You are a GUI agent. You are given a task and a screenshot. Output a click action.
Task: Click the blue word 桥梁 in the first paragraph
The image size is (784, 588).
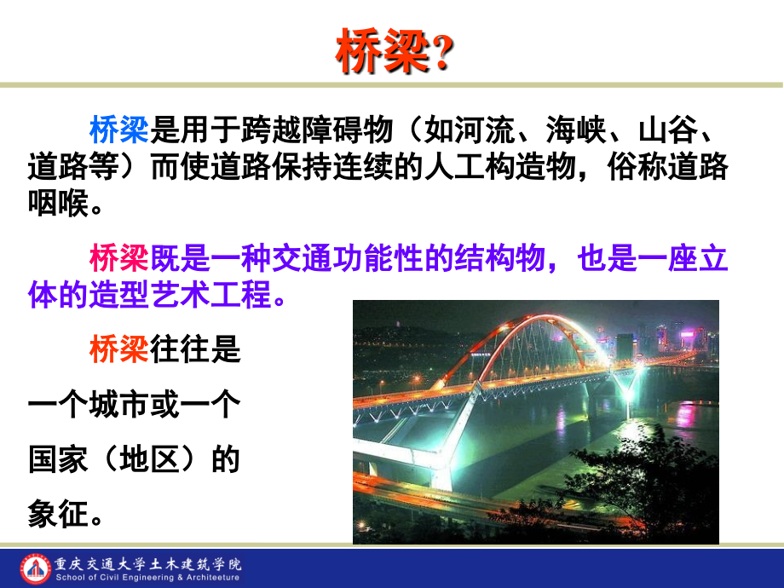click(x=118, y=130)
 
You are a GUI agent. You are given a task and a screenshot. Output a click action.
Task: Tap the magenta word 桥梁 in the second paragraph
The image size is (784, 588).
click(x=118, y=258)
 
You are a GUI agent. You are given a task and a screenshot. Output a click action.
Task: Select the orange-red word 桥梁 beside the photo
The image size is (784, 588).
click(x=118, y=349)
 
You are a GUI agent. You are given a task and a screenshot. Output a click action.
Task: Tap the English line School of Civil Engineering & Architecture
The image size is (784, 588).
click(x=149, y=577)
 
